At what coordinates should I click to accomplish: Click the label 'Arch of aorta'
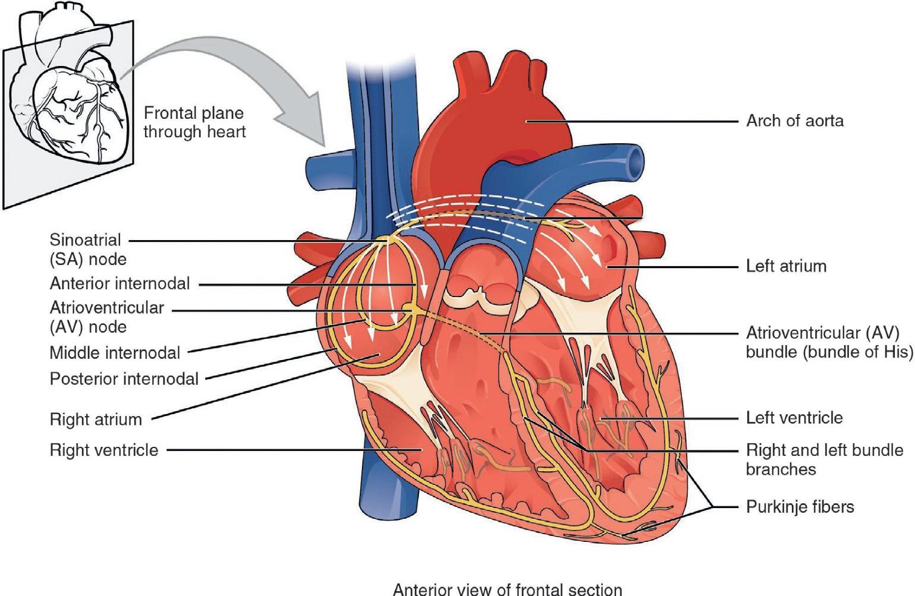(x=794, y=121)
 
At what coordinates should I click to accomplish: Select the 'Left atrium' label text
(x=786, y=266)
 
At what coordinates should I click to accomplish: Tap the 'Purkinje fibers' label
(x=800, y=507)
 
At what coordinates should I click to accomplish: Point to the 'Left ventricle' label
(x=794, y=418)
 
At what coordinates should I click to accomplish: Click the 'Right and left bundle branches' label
(x=824, y=459)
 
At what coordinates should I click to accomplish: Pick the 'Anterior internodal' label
(x=120, y=283)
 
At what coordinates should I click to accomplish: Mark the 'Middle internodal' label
(x=114, y=353)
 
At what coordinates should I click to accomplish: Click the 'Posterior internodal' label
(x=124, y=379)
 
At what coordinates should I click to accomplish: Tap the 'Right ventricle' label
(x=103, y=450)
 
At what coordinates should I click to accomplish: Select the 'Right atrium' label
(x=96, y=420)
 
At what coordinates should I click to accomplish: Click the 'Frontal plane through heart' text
(x=194, y=122)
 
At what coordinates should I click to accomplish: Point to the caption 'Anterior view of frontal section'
(x=507, y=589)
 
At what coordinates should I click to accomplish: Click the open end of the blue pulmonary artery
(x=636, y=159)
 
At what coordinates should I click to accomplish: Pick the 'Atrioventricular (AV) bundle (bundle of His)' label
(x=829, y=342)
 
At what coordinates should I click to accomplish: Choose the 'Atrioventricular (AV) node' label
(x=106, y=317)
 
